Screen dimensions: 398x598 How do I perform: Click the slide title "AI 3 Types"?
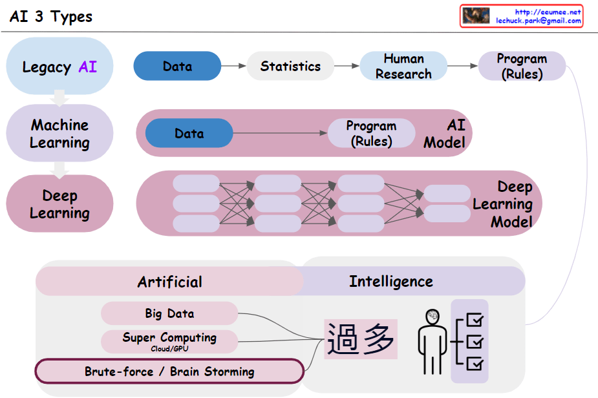(51, 17)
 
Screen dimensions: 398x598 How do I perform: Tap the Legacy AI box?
(59, 67)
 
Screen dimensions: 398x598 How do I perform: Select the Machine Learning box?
(59, 134)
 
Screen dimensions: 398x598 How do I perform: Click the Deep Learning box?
(59, 204)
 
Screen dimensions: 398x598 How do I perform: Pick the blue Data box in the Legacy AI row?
(177, 66)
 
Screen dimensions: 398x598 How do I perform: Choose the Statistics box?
(290, 66)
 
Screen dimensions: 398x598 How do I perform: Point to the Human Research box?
(403, 67)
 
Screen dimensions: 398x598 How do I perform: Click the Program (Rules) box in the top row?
(522, 66)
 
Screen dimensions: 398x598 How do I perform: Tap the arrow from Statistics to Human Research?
(347, 66)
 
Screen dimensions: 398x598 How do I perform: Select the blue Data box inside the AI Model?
(189, 134)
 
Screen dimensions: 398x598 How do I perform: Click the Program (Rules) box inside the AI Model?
(371, 134)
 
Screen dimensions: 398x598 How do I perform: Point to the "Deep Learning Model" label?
(502, 204)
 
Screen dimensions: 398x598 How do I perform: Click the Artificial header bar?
(169, 282)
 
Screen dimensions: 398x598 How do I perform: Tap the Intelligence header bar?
(391, 281)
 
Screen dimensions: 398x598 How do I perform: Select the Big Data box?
(169, 313)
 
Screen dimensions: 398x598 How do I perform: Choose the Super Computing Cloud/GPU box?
(169, 341)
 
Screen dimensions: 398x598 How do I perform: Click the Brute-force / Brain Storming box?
(169, 372)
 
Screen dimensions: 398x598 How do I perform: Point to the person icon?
(431, 339)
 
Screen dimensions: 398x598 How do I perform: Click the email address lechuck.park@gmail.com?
(539, 21)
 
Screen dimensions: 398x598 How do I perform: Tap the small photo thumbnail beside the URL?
(476, 16)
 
